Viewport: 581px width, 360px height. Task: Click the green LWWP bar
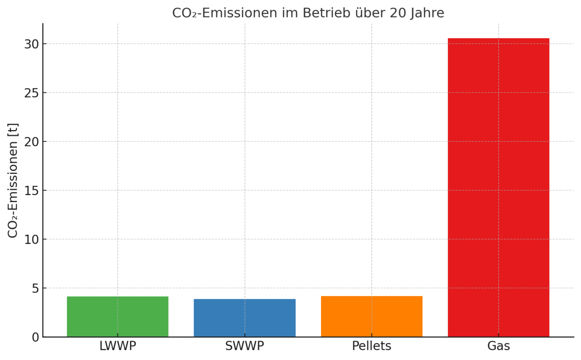[x=118, y=316]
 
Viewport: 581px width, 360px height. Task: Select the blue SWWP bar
[x=245, y=318]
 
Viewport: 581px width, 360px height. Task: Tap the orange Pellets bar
[x=371, y=316]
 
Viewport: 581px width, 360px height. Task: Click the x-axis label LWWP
[x=118, y=346]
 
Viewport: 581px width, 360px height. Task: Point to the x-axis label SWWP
[x=245, y=346]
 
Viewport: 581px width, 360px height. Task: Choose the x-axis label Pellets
[x=371, y=346]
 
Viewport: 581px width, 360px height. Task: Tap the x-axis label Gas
[x=498, y=346]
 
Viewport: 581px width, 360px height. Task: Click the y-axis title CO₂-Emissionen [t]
[x=13, y=180]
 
